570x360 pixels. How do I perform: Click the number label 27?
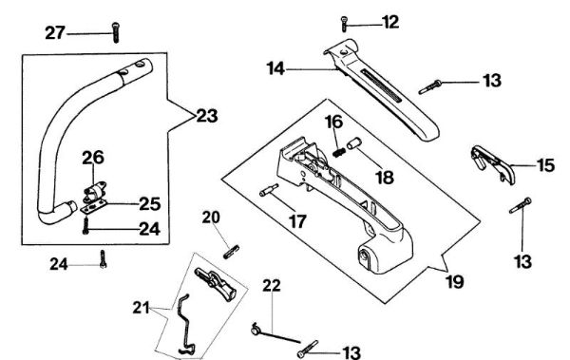[x=55, y=33]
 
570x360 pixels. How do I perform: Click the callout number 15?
[x=546, y=165]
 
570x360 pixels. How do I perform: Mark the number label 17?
[x=297, y=222]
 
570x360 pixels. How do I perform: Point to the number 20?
[x=211, y=217]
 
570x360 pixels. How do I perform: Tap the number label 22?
[x=271, y=285]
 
